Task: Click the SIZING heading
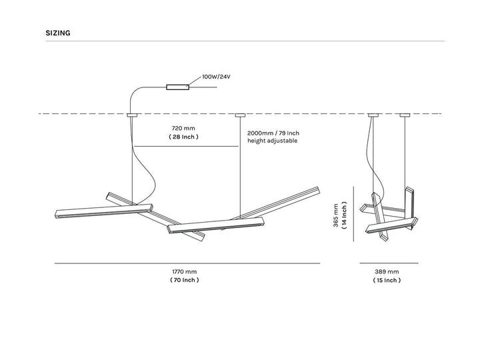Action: (x=58, y=33)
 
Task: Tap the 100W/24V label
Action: (x=216, y=77)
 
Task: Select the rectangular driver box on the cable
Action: (x=177, y=87)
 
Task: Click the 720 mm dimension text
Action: (x=183, y=128)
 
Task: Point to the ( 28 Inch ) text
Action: (x=184, y=137)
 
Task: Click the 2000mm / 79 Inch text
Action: (x=273, y=133)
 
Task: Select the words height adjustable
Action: (x=273, y=141)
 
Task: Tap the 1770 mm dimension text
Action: (x=184, y=271)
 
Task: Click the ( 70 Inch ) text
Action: (x=184, y=280)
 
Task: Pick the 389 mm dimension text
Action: (x=387, y=271)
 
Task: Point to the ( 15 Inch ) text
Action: (x=387, y=280)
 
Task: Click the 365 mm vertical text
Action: (x=336, y=215)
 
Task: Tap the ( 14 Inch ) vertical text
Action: (x=345, y=215)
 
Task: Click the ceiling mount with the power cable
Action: (x=132, y=115)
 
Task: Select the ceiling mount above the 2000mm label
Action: (x=240, y=115)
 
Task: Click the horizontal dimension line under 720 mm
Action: (x=186, y=146)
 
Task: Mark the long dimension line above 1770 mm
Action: (x=187, y=263)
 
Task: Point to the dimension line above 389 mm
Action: (x=389, y=263)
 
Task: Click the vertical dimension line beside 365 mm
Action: (x=353, y=214)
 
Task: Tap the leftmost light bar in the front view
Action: (x=104, y=211)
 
